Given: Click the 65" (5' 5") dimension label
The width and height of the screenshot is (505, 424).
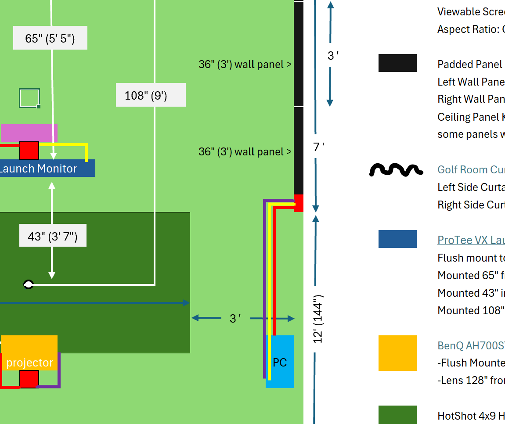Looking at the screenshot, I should [x=50, y=38].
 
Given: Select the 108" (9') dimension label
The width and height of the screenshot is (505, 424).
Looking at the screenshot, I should [x=151, y=95].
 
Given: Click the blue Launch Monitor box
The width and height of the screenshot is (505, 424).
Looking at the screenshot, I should [x=47, y=169].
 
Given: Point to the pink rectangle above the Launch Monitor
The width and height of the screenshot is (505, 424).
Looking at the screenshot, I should [x=29, y=133].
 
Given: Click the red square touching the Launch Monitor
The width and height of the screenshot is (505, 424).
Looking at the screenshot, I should [x=29, y=151].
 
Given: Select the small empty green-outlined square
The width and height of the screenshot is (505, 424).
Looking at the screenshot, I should [x=29, y=98].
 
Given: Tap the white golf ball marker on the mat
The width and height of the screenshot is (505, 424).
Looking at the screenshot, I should [x=29, y=284].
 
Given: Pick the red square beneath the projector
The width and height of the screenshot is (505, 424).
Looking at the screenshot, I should [x=29, y=379].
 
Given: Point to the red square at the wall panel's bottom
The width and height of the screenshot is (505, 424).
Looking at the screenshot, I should [x=299, y=203].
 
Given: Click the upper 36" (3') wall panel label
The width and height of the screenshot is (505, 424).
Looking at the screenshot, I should [x=245, y=65].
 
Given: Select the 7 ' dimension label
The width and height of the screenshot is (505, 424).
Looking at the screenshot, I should [x=318, y=147].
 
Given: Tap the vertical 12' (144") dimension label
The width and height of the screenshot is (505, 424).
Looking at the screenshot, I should [x=318, y=319].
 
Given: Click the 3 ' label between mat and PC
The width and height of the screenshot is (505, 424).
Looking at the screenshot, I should [x=235, y=319].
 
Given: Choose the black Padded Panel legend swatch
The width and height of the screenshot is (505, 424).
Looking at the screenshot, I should [x=397, y=63].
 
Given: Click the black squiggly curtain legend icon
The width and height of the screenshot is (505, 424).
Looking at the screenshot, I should [x=396, y=170].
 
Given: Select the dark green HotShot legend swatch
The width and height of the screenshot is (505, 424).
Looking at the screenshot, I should [x=397, y=414].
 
